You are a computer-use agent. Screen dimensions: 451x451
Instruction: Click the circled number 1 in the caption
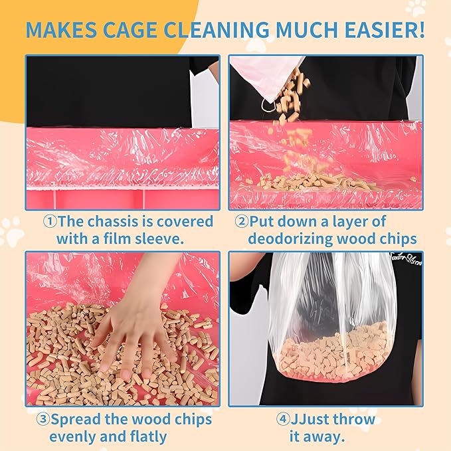[50, 221]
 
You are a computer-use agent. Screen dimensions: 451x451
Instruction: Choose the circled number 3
[43, 420]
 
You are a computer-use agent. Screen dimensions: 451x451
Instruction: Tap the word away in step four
[326, 436]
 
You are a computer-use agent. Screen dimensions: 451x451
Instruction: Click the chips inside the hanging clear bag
[332, 352]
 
